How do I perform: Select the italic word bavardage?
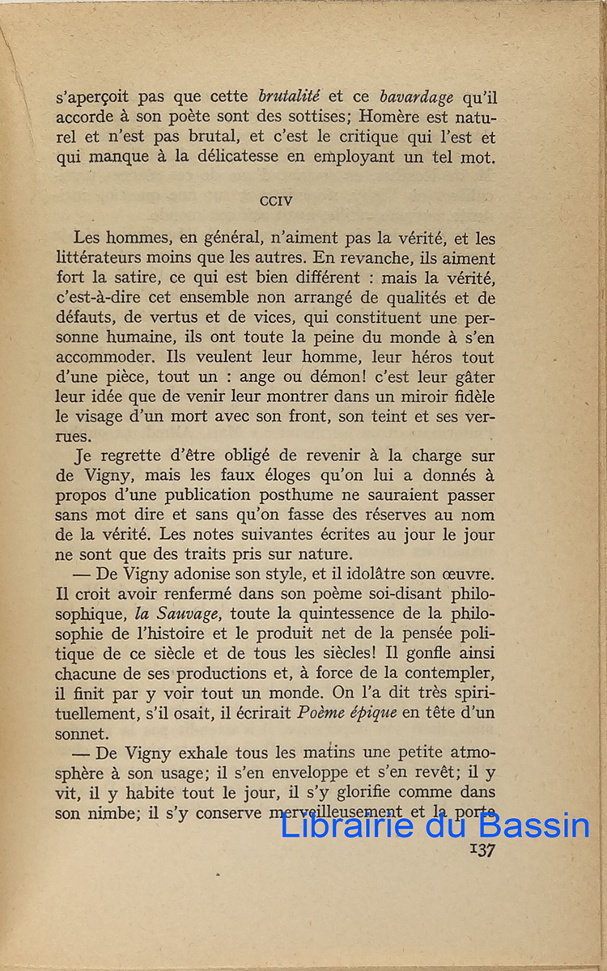point(417,98)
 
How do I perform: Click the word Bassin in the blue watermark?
point(533,825)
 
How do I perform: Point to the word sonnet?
point(81,733)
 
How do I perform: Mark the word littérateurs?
point(103,259)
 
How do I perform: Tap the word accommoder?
point(104,358)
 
